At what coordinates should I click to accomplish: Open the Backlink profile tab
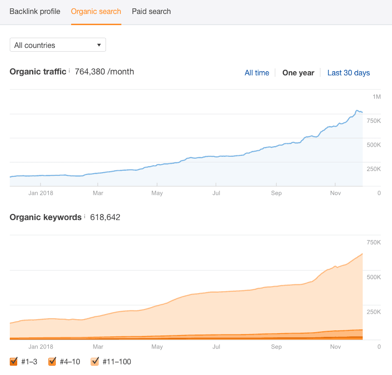point(35,11)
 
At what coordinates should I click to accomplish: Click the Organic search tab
point(96,11)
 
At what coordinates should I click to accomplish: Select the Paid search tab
point(151,11)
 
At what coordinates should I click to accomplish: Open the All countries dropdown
point(58,45)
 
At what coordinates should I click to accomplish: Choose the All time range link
point(257,73)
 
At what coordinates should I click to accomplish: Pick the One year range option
point(298,73)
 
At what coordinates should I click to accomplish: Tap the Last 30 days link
point(348,73)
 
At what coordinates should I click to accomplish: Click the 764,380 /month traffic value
point(104,72)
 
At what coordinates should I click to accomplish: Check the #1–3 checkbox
point(13,361)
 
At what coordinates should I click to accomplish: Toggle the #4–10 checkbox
point(52,361)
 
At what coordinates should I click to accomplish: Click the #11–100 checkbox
point(95,361)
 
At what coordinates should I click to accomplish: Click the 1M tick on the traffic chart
point(376,97)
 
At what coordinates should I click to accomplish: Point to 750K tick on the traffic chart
point(373,121)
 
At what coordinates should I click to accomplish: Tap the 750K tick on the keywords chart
point(373,242)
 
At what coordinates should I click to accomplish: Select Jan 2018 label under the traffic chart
point(40,193)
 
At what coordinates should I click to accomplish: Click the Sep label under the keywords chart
point(276,347)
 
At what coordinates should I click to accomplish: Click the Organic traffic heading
point(38,72)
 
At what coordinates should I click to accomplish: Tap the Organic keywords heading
point(46,217)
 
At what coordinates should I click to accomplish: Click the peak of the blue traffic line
point(357,110)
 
